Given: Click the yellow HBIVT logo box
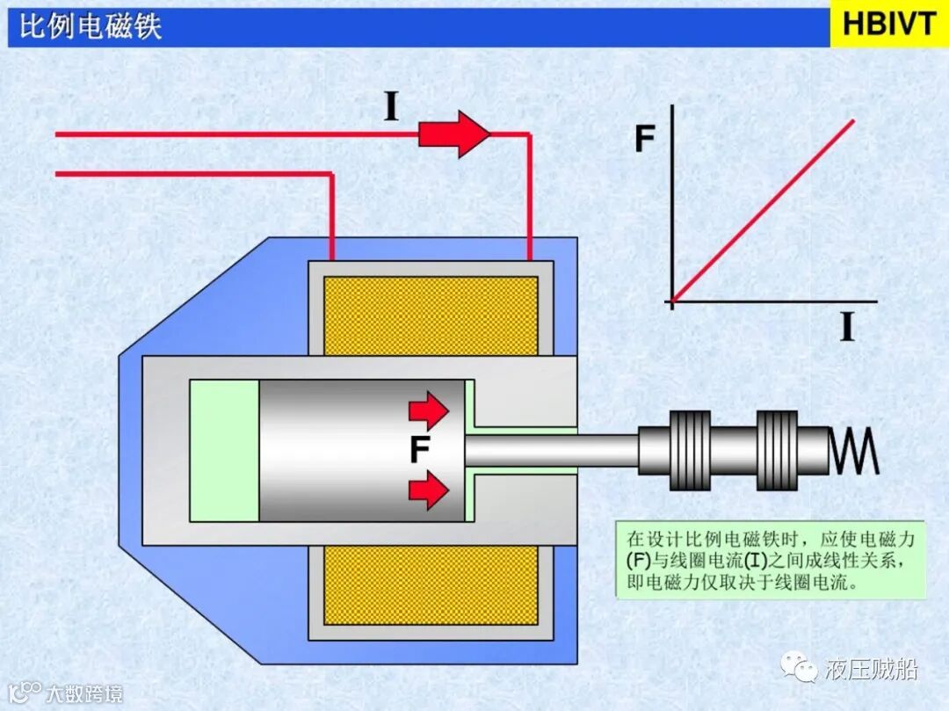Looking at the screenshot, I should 888,24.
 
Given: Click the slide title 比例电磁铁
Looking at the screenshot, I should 91,26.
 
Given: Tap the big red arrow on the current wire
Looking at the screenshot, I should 453,134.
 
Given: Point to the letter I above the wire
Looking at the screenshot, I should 392,106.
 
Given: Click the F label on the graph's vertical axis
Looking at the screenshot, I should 645,139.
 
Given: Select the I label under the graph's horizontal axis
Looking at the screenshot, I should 847,327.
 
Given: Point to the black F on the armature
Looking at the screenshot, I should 420,450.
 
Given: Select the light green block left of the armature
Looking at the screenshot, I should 224,450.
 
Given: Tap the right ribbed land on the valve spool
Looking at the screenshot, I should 776,450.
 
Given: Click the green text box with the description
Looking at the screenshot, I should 771,560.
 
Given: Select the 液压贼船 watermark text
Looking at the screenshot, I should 872,671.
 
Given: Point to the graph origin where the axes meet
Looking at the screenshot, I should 672,301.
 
